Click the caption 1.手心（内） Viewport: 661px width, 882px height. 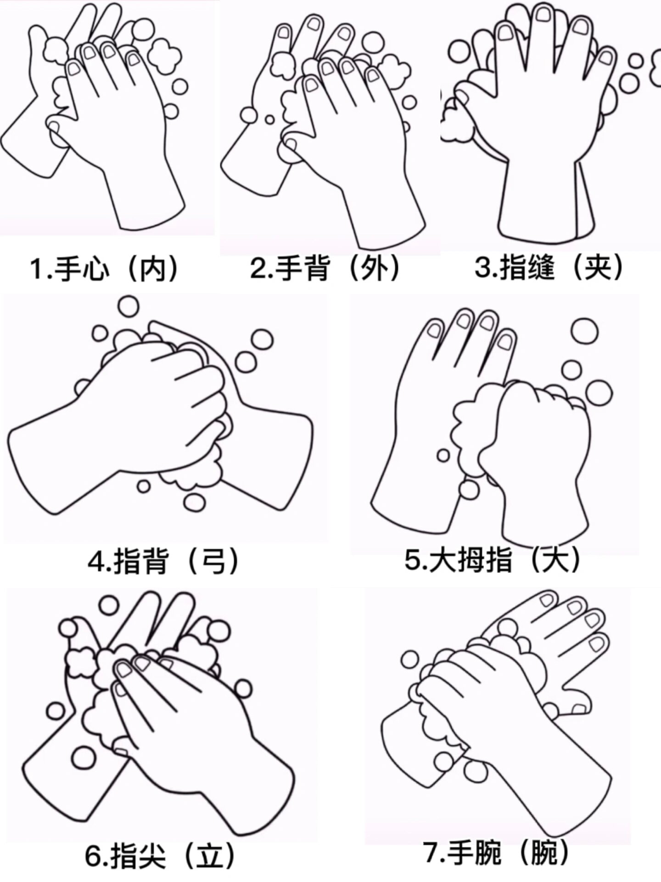click(105, 269)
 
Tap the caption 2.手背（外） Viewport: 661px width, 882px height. click(325, 268)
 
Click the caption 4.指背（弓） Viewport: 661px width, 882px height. click(163, 560)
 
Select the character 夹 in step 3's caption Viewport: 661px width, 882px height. click(599, 267)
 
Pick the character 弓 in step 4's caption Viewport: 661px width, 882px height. click(214, 561)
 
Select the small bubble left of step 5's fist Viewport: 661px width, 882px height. click(443, 455)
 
